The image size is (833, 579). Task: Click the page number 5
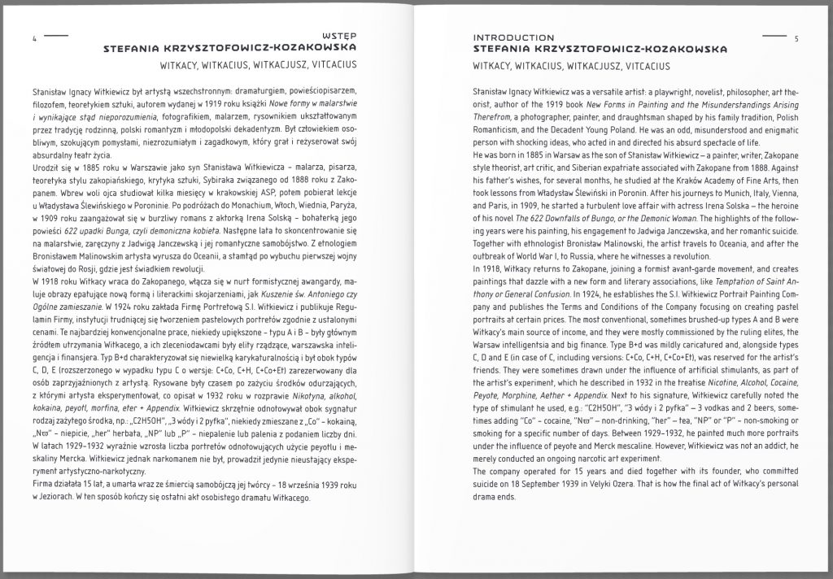click(x=798, y=38)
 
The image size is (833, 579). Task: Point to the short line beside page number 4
click(x=57, y=37)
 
